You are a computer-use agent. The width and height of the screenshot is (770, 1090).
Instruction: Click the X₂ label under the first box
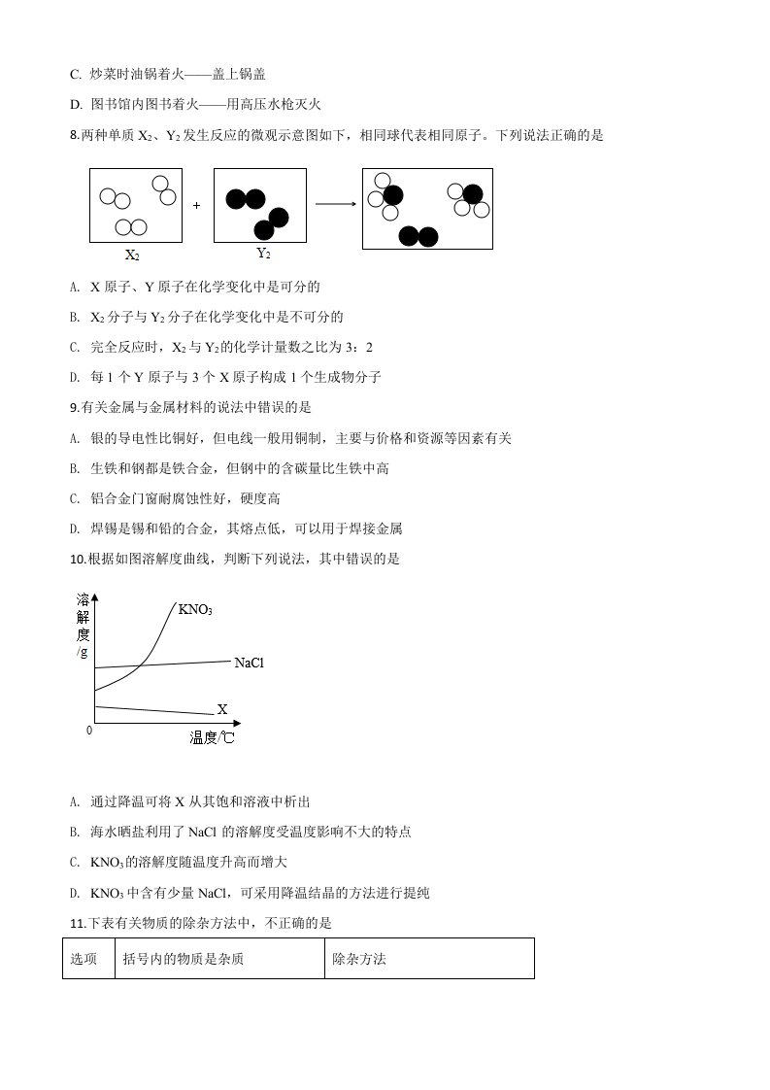[132, 256]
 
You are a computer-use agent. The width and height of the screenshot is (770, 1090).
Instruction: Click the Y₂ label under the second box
[263, 254]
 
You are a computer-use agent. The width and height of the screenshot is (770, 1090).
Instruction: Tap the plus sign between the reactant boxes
[196, 206]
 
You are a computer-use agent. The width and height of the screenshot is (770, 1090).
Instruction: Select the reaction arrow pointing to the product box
[335, 204]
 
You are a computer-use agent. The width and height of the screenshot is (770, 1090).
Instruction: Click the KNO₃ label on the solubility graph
[195, 610]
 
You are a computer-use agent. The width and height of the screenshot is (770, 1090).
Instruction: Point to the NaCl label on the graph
[249, 663]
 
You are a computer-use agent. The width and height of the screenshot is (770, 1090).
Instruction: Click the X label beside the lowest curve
[221, 710]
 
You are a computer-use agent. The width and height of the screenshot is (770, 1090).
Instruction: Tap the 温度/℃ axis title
[212, 737]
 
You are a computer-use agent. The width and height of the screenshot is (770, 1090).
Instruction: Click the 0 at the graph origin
[89, 729]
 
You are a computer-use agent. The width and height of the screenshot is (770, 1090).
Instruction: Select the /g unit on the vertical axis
[83, 652]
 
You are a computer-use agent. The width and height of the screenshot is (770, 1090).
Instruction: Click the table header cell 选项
[84, 959]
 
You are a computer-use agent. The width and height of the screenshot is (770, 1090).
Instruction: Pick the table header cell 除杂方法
[359, 959]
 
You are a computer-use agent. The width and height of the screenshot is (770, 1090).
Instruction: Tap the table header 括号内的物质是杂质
[184, 959]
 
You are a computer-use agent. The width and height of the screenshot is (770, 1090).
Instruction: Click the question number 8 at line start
[74, 136]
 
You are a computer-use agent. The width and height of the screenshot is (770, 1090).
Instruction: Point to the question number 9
[74, 407]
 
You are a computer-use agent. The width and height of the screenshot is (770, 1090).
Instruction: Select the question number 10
[78, 559]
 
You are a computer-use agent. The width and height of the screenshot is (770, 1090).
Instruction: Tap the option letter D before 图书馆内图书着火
[76, 104]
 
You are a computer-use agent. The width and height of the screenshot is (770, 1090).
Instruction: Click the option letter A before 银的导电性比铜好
[75, 438]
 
